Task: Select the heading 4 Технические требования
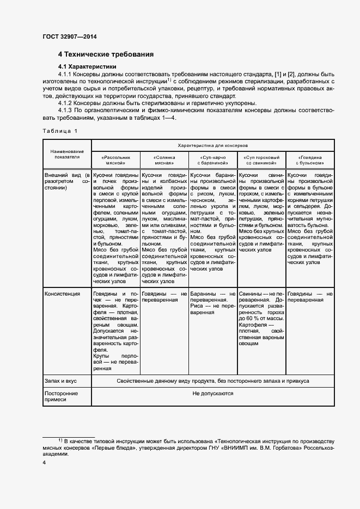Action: tap(106, 54)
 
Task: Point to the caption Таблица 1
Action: tap(60, 131)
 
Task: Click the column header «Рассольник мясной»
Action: tap(115, 159)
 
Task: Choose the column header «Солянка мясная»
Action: tap(164, 159)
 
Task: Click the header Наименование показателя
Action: tap(67, 154)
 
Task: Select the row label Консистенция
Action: tap(62, 294)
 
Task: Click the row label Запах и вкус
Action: tap(62, 381)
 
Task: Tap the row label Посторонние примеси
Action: tap(61, 396)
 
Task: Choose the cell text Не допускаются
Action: tap(212, 393)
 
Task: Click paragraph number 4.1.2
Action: tap(65, 103)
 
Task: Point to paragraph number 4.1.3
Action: tap(65, 111)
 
